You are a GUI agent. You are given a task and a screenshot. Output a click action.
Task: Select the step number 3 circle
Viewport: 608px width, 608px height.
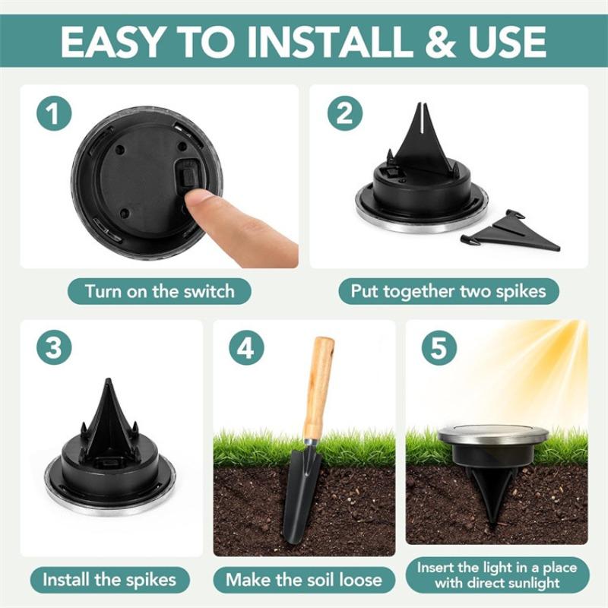pos(52,348)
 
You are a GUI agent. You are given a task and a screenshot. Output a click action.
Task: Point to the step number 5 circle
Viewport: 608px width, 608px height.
pos(439,348)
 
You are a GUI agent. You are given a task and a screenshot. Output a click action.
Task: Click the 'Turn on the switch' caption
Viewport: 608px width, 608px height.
pos(159,291)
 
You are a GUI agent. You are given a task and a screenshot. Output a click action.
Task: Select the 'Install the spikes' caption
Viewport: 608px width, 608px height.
pos(109,580)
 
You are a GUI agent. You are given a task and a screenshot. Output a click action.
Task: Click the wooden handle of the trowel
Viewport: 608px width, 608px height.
pos(319,388)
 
